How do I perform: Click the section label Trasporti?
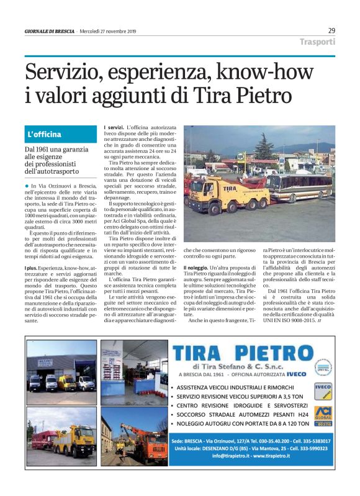317,42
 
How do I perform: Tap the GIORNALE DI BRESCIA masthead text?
50,31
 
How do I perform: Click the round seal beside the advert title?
323,367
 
